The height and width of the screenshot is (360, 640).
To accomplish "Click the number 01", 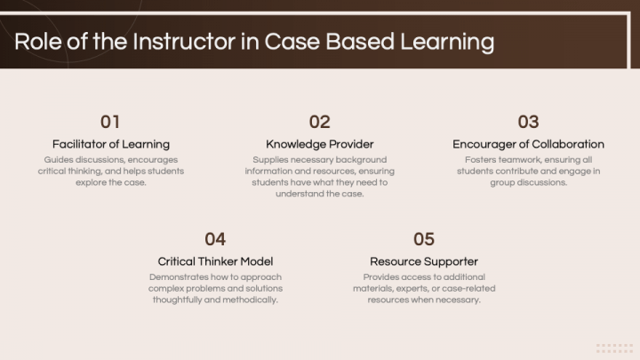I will click(x=110, y=122).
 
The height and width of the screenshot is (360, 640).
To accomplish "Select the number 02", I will click(x=320, y=122).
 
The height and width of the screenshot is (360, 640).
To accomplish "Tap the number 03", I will click(x=528, y=122).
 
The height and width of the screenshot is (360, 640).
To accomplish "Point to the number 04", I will click(x=215, y=239).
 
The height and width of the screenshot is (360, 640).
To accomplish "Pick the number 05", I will click(x=424, y=239).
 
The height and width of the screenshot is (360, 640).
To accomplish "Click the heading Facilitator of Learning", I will click(x=111, y=144).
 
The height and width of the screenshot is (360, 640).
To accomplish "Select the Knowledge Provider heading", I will click(x=320, y=144).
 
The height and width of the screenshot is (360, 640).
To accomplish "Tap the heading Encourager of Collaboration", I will click(x=528, y=144).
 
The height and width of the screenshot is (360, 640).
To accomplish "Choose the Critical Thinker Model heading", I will click(x=215, y=261).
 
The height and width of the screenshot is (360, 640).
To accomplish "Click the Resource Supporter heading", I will click(x=424, y=261).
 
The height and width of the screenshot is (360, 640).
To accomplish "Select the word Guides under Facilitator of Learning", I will click(x=60, y=160).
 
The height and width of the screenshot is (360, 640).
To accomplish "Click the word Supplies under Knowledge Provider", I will click(x=271, y=160).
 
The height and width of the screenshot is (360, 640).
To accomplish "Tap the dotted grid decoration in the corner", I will click(x=614, y=348).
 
